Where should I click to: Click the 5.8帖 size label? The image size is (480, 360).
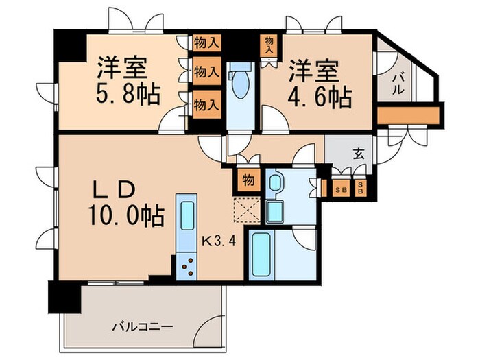pyautogui.click(x=128, y=94)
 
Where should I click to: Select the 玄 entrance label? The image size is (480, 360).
pyautogui.click(x=358, y=154)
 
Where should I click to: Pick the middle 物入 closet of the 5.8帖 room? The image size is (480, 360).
pyautogui.click(x=206, y=71)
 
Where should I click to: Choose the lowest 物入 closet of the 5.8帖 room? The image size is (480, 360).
pyautogui.click(x=206, y=105)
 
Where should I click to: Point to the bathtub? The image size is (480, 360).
pyautogui.click(x=262, y=254)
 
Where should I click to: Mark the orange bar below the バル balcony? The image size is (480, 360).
pyautogui.click(x=407, y=114)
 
